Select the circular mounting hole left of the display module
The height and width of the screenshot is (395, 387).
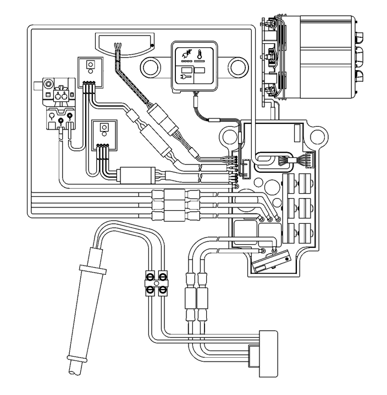(152, 67)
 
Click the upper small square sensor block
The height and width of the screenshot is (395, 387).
(90, 66)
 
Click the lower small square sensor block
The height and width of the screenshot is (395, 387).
(104, 131)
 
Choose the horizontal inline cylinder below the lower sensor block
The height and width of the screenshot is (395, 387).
(136, 176)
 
